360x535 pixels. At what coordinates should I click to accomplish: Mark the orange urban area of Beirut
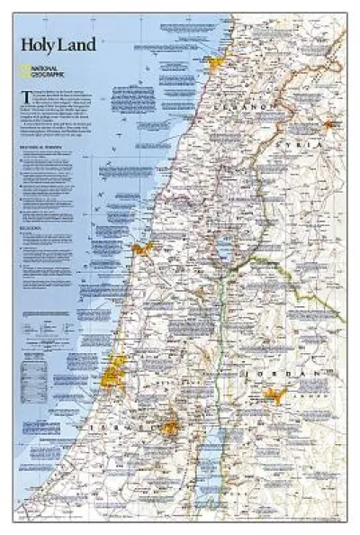pyautogui.click(x=215, y=62)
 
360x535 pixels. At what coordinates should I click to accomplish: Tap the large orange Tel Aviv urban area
pyautogui.click(x=117, y=365)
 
